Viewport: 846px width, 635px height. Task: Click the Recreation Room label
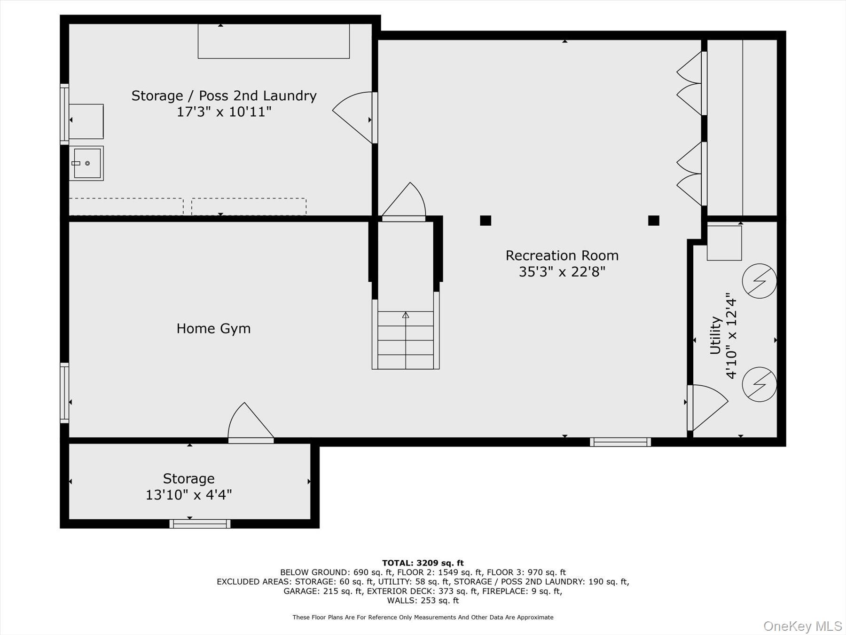pyautogui.click(x=562, y=256)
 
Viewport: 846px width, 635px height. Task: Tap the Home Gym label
pyautogui.click(x=213, y=328)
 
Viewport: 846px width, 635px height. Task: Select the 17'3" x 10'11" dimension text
pyautogui.click(x=224, y=112)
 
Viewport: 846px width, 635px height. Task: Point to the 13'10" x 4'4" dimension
pyautogui.click(x=188, y=495)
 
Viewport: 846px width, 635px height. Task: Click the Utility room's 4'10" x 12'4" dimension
pyautogui.click(x=731, y=336)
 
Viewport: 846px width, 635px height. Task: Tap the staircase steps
pyautogui.click(x=406, y=340)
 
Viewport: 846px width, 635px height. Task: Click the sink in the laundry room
pyautogui.click(x=87, y=163)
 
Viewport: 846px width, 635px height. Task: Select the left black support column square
pyautogui.click(x=486, y=220)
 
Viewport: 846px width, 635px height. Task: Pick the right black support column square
pyautogui.click(x=653, y=220)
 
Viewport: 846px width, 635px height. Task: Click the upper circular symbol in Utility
pyautogui.click(x=759, y=281)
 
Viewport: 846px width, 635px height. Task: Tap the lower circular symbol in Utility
pyautogui.click(x=759, y=384)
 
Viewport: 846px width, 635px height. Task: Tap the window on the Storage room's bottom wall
pyautogui.click(x=200, y=524)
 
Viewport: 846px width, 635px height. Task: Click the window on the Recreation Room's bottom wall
pyautogui.click(x=620, y=442)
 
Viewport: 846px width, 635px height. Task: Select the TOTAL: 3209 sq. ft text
pyautogui.click(x=423, y=563)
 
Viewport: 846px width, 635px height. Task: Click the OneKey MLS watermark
pyautogui.click(x=802, y=626)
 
